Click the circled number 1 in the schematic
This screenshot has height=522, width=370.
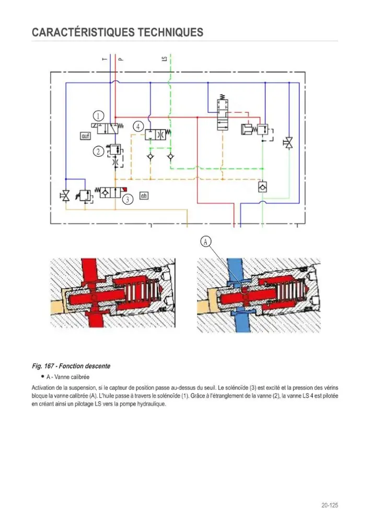(x=98, y=116)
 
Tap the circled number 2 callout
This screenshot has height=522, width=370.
(x=98, y=152)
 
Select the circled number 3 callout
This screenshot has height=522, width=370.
(x=128, y=199)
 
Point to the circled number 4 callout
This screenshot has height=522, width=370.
(x=138, y=126)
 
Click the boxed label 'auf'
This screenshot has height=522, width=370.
(x=86, y=136)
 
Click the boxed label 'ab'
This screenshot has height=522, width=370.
(x=144, y=195)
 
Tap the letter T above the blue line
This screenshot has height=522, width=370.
(x=105, y=60)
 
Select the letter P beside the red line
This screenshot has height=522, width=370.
(x=121, y=60)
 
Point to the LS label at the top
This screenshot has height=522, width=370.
(x=164, y=58)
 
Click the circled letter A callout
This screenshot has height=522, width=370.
(x=206, y=241)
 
